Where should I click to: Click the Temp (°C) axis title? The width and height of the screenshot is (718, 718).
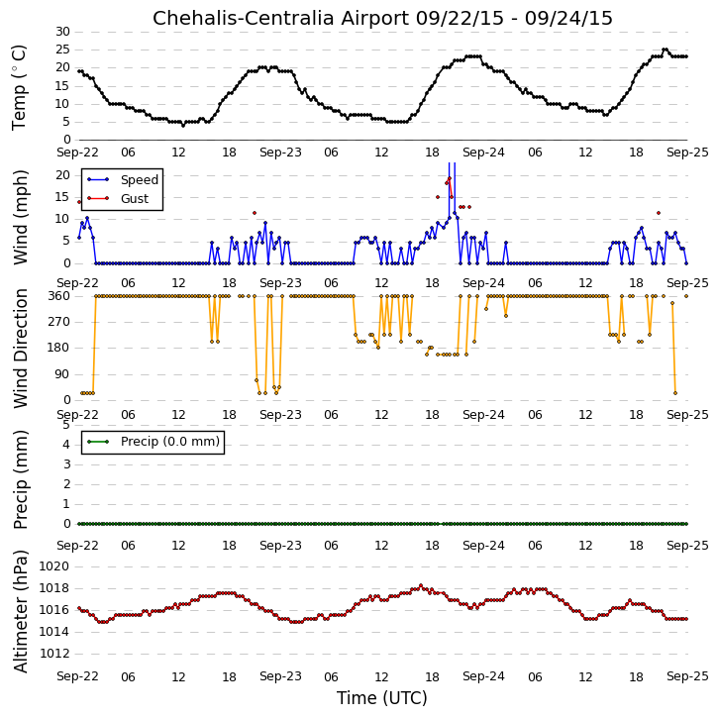click(19, 87)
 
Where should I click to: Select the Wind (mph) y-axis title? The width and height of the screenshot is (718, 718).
click(20, 217)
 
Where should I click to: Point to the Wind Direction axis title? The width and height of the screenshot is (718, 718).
click(20, 349)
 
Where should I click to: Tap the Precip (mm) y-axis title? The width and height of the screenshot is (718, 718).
click(20, 480)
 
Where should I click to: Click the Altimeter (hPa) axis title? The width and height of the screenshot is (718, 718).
click(20, 611)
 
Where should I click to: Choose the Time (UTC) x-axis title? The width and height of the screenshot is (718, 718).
click(382, 698)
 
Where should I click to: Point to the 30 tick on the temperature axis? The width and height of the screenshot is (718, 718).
click(62, 32)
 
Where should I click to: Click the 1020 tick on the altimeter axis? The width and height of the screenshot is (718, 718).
click(54, 566)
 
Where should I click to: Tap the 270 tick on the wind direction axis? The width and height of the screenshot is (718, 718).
click(59, 322)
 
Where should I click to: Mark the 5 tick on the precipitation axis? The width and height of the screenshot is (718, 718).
click(66, 425)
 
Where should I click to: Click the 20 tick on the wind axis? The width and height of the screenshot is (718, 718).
click(62, 175)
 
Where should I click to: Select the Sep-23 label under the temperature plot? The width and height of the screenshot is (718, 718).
click(280, 153)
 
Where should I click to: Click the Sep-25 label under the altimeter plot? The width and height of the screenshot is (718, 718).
click(687, 676)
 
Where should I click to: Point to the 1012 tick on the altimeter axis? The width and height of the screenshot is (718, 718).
click(54, 654)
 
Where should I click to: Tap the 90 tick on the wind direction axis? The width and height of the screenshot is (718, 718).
click(62, 374)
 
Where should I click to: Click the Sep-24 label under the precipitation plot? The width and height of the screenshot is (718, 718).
click(483, 546)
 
